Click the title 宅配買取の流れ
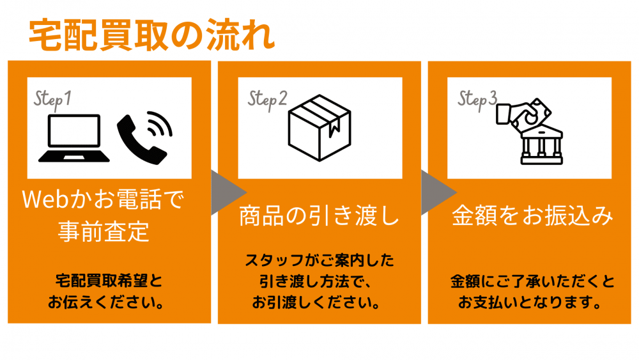pos(151,35)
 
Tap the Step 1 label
pos(52,100)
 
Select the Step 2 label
pos(267,100)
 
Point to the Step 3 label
pos(477,100)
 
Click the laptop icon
pos(73,138)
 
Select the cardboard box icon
pos(319,128)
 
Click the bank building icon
pos(542,146)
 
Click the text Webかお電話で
pos(103,200)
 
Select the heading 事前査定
pos(103,231)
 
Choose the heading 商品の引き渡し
pos(319,215)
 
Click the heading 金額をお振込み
pos(532,215)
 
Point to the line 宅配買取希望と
pos(109,281)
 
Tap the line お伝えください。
pos(106,302)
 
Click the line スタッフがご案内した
pos(319,260)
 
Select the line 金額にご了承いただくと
pos(532,282)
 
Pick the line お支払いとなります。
pos(529,302)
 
